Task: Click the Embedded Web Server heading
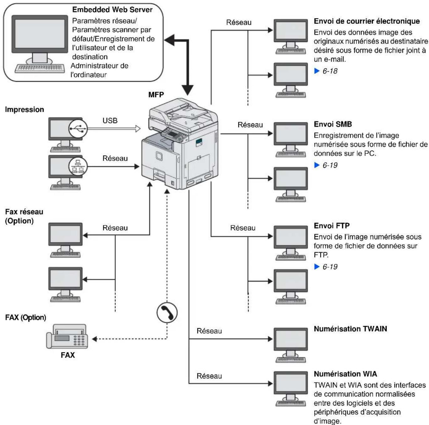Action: tap(112, 10)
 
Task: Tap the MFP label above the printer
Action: tap(156, 95)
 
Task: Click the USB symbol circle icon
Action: tap(78, 128)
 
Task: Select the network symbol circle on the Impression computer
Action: tap(78, 166)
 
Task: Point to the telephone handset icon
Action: tap(167, 312)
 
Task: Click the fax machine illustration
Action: tap(67, 337)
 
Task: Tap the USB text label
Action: tap(110, 121)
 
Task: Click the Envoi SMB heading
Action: tap(333, 124)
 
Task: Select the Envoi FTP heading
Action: tap(331, 226)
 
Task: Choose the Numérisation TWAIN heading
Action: tap(350, 329)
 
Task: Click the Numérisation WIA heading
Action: tap(345, 374)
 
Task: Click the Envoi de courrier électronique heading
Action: tap(367, 21)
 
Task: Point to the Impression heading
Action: tap(24, 110)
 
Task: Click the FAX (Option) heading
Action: tap(25, 318)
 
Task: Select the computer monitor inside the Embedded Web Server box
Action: tap(40, 34)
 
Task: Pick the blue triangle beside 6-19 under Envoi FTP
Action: tap(317, 267)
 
